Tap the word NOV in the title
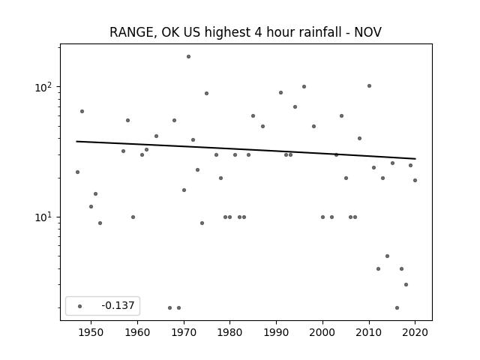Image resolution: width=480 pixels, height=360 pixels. [x=368, y=32]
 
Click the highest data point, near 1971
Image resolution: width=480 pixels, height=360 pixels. [x=188, y=57]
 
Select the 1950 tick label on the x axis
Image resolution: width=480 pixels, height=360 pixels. [x=91, y=332]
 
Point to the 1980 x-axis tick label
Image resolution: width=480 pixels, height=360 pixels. [x=230, y=332]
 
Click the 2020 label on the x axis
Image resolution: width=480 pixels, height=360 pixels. [x=415, y=332]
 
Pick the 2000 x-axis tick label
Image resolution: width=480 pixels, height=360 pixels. [x=322, y=332]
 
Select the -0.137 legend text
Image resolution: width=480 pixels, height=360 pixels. [x=118, y=305]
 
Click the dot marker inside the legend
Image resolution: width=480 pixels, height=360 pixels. [x=80, y=306]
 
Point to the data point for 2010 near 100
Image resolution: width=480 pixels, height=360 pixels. [x=369, y=86]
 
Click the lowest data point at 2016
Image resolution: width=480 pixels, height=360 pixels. [x=397, y=308]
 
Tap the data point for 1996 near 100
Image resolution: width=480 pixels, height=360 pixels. [x=304, y=87]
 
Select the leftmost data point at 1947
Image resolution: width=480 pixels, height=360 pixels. [x=77, y=172]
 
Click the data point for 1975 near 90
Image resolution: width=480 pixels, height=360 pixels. [x=207, y=93]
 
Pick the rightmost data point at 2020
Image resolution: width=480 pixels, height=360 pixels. [x=415, y=180]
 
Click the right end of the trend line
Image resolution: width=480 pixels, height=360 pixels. [x=415, y=158]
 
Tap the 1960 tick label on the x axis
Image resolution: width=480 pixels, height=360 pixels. [x=137, y=332]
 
